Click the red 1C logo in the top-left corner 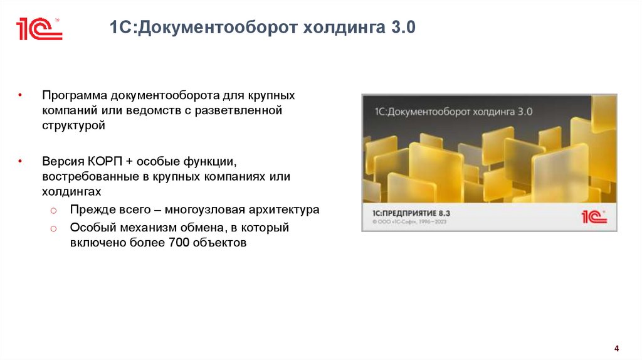tap(39, 29)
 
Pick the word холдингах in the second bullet tap(72, 190)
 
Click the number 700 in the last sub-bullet tap(179, 243)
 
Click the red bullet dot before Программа tap(21, 96)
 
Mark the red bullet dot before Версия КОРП tap(21, 161)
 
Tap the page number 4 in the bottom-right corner tap(616, 349)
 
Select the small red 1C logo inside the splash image tap(593, 216)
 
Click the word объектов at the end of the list tap(219, 243)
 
